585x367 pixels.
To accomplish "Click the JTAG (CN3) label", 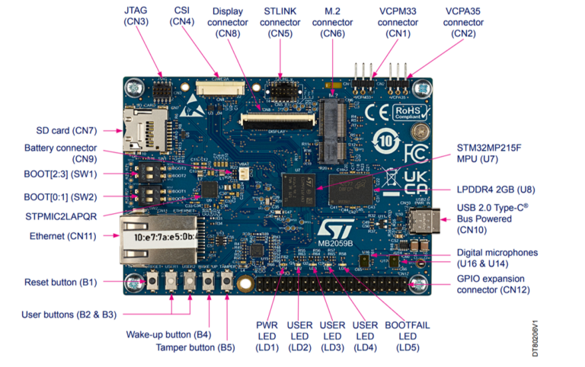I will [x=137, y=16].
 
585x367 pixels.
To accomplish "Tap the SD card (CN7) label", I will [x=66, y=130].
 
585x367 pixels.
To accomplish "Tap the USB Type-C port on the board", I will [x=421, y=221].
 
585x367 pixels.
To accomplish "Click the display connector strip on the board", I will [x=280, y=119].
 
